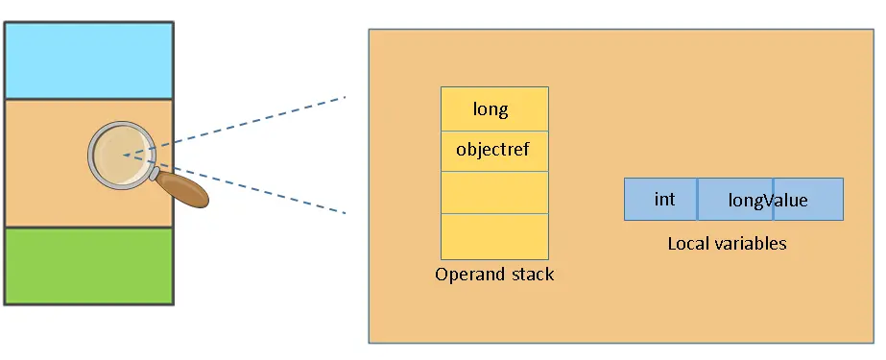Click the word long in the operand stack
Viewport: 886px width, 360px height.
click(491, 109)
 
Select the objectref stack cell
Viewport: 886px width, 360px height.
click(493, 150)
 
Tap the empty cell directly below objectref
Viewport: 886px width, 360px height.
click(494, 192)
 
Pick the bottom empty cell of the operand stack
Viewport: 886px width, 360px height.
click(494, 236)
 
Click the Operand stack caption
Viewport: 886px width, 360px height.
click(494, 275)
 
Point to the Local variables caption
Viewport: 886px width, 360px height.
click(727, 244)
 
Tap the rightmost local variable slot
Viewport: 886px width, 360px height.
click(811, 200)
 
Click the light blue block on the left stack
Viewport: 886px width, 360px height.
click(88, 60)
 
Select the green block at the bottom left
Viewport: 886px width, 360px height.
click(88, 265)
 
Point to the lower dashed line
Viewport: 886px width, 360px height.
click(250, 186)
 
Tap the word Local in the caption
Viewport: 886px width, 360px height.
click(688, 244)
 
